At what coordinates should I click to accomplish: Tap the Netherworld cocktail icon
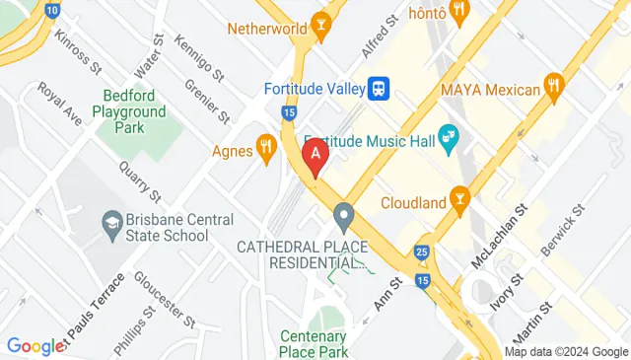(319, 24)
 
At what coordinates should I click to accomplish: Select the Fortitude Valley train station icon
(378, 89)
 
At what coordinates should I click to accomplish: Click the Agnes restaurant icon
(265, 149)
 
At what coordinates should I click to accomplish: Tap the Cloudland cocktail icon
(458, 200)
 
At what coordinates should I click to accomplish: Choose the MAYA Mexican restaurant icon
(555, 88)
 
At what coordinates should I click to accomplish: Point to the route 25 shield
(422, 253)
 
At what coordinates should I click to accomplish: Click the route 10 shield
(51, 10)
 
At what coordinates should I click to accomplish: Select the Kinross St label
(79, 55)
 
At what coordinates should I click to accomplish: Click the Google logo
(35, 346)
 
